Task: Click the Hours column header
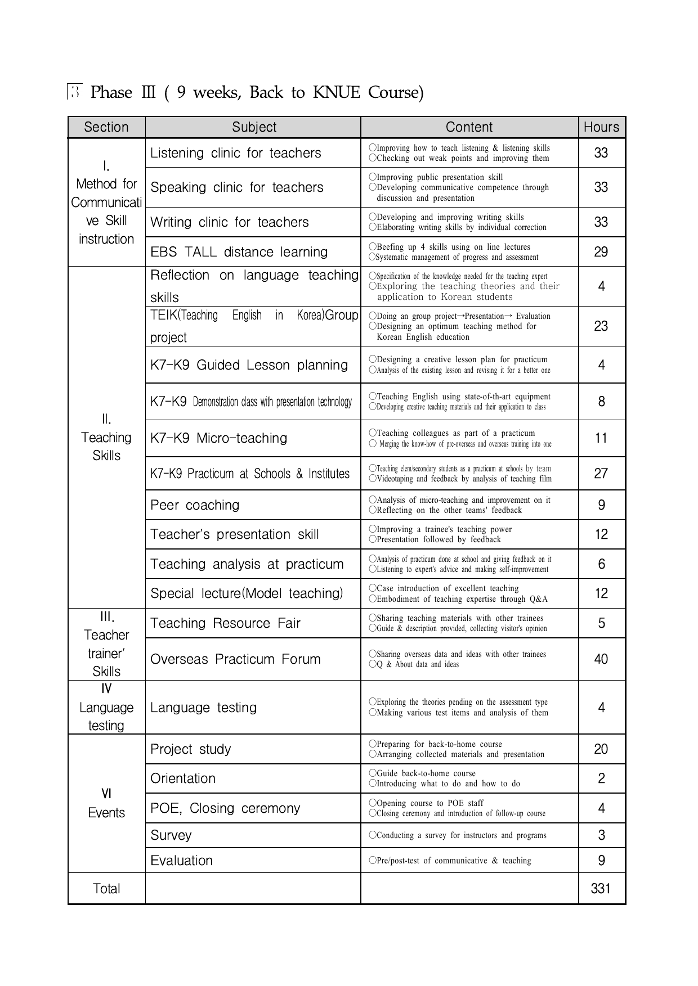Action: pyautogui.click(x=601, y=127)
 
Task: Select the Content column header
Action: pyautogui.click(x=469, y=127)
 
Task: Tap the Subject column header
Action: pyautogui.click(x=254, y=127)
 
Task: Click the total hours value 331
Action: pyautogui.click(x=601, y=888)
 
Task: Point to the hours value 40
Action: pyautogui.click(x=601, y=659)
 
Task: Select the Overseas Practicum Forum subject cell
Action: pyautogui.click(x=235, y=659)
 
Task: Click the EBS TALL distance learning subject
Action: pyautogui.click(x=239, y=251)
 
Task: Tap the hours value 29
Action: pyautogui.click(x=601, y=251)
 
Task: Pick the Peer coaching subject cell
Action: pyautogui.click(x=195, y=505)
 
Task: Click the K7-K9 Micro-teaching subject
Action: pyautogui.click(x=218, y=438)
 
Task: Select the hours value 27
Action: pyautogui.click(x=601, y=473)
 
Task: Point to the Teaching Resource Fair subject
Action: pyautogui.click(x=225, y=623)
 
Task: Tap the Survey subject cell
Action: pyautogui.click(x=171, y=835)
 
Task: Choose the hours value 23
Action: pyautogui.click(x=601, y=326)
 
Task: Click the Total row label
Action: pyautogui.click(x=106, y=888)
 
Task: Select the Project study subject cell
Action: pyautogui.click(x=191, y=749)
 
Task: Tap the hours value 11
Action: pyautogui.click(x=601, y=438)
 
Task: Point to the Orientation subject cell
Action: pyautogui.click(x=183, y=778)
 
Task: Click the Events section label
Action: pyautogui.click(x=106, y=812)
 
